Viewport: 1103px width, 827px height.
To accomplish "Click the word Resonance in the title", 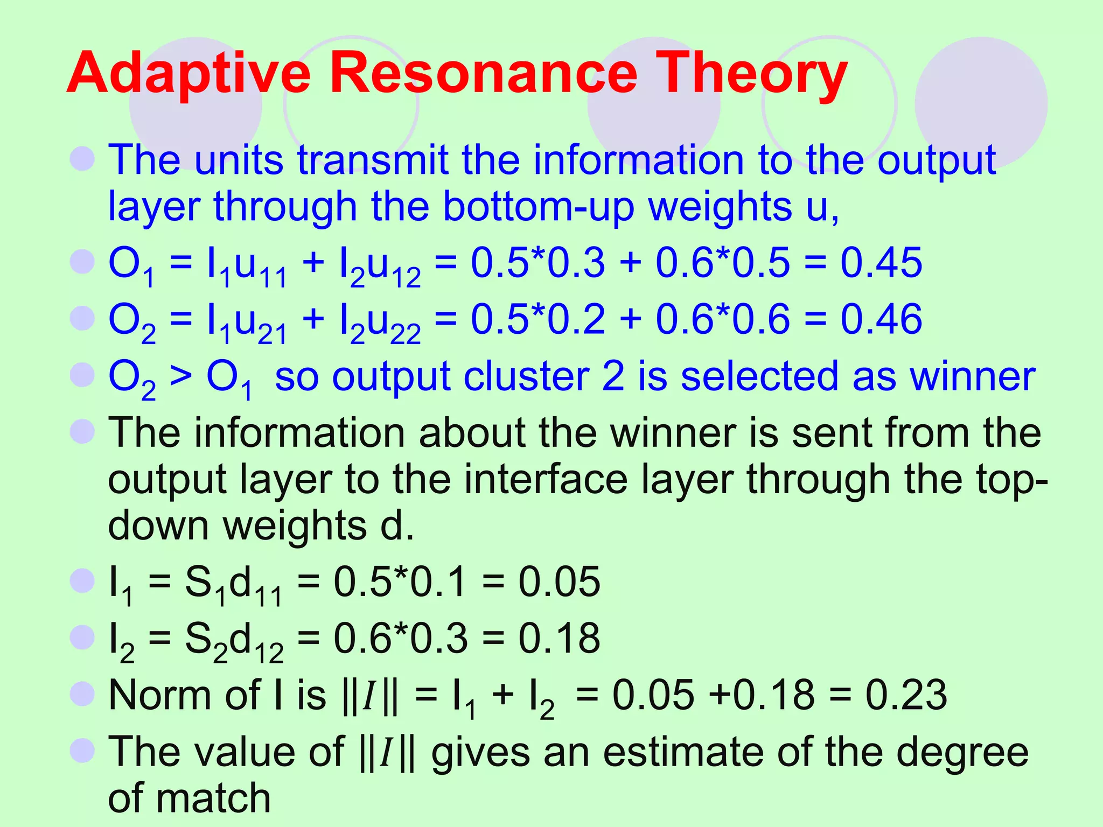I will pos(483,73).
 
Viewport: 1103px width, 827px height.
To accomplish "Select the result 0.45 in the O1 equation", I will pos(881,263).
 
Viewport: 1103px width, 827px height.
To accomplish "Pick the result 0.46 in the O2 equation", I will pos(881,319).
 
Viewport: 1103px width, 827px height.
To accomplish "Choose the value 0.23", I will pos(906,695).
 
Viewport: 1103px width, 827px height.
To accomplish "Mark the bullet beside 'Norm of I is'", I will pos(82,693).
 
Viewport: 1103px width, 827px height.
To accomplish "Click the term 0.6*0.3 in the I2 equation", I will pos(401,638).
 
